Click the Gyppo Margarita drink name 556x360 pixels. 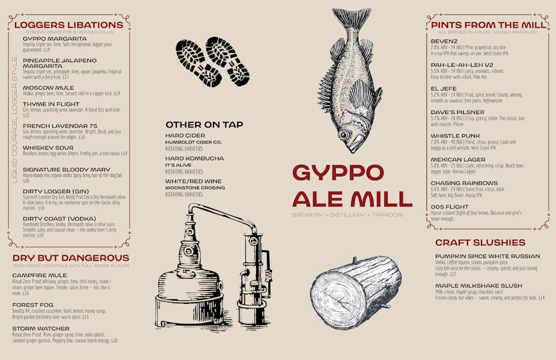coord(54,38)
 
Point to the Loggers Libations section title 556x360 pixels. coord(68,25)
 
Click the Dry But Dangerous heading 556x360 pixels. coord(71,258)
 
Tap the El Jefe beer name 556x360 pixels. coord(444,88)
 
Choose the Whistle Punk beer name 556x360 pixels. coord(455,136)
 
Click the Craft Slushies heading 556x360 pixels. coord(480,243)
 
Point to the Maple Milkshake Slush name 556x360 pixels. coord(479,285)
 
